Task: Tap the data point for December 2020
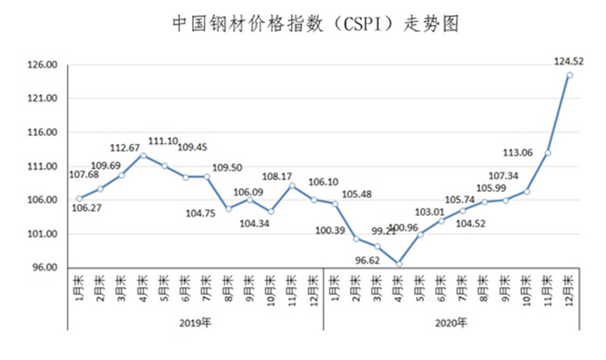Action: [x=569, y=74]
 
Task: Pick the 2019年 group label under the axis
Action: [x=195, y=324]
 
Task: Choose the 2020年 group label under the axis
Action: [x=452, y=324]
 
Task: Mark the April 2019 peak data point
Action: [x=142, y=155]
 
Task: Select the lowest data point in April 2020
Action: [x=398, y=264]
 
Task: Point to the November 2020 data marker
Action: [x=548, y=152]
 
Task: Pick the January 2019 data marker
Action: [x=79, y=199]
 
